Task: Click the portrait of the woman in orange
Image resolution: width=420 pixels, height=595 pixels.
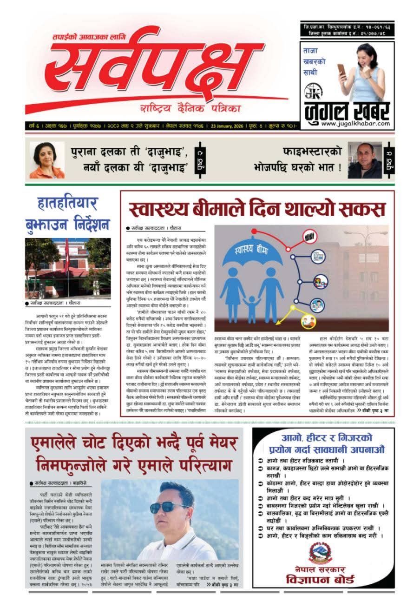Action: [47, 160]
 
